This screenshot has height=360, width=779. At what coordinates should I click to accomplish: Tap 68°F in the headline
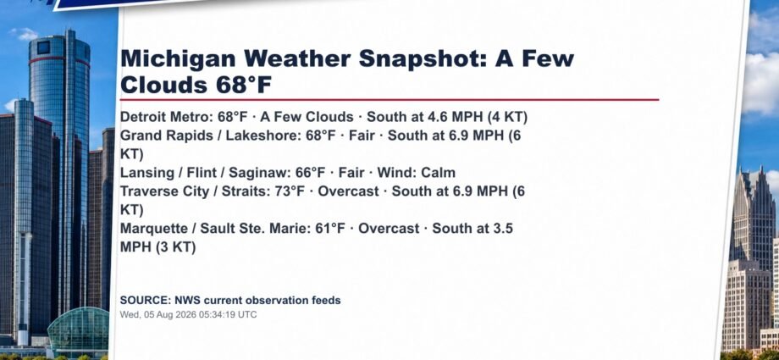pos(244,85)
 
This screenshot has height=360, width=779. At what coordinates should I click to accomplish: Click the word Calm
pos(438,173)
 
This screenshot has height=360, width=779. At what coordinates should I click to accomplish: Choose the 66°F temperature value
pos(311,173)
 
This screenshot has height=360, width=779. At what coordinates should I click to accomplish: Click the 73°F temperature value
pos(290,191)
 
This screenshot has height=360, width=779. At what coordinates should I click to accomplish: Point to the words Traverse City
pos(164,191)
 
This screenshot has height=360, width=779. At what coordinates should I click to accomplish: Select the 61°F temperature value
pos(330,229)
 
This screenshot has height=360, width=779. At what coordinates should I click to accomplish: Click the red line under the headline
pos(389,99)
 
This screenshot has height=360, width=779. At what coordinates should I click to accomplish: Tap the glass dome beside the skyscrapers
pos(79,328)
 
